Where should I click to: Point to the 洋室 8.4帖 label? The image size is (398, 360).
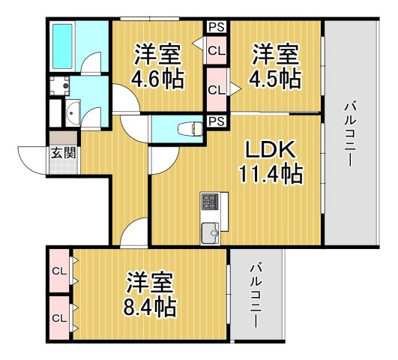click(151, 294)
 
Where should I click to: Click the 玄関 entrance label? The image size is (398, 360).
click(61, 154)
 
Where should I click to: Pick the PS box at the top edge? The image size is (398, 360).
click(217, 28)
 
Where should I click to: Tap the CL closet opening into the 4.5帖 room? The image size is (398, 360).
click(216, 89)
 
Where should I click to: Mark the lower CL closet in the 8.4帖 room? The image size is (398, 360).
click(58, 316)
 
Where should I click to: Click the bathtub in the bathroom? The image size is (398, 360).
click(62, 46)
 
